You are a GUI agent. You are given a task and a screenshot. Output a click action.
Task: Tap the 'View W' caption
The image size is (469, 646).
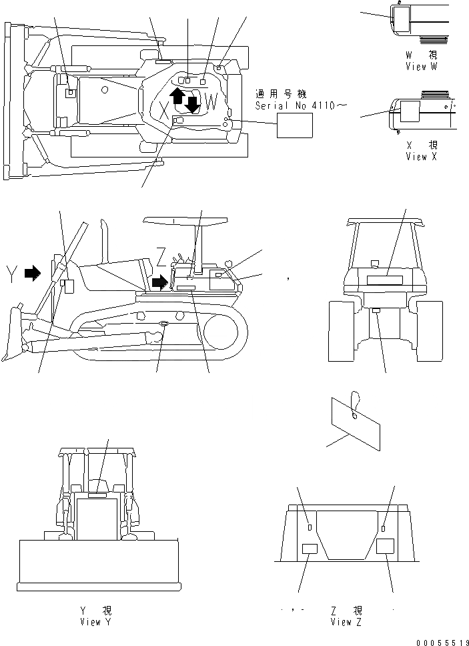[422, 67]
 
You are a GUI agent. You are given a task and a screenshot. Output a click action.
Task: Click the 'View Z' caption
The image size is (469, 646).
[347, 622]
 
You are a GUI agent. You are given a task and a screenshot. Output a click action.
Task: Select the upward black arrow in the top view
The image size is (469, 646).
[177, 95]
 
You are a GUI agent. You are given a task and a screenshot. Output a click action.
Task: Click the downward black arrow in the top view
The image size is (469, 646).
[193, 105]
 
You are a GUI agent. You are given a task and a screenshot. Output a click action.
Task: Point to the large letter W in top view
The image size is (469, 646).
[211, 102]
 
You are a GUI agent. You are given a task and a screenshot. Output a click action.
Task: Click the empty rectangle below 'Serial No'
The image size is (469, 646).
[295, 125]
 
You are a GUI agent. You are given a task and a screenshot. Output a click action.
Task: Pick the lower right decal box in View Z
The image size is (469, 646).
[386, 547]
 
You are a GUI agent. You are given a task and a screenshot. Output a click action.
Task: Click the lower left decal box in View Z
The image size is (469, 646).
[311, 549]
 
